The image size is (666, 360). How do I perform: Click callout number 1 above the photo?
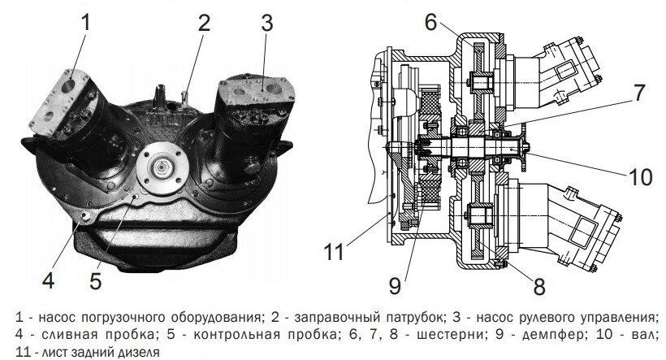(86, 22)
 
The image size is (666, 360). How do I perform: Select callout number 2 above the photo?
(205, 23)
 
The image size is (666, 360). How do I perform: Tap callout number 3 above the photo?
(266, 23)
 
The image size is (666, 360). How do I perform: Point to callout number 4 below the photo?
(49, 280)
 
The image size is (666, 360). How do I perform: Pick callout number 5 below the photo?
(96, 281)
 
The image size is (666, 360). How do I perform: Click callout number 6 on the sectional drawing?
(430, 22)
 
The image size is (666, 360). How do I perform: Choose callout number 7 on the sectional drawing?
(639, 93)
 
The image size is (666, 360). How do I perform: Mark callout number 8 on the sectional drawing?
(539, 287)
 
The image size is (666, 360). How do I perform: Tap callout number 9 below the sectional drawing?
(395, 287)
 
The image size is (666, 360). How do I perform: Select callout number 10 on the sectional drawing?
(641, 176)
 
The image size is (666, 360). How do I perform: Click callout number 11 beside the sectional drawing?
(334, 252)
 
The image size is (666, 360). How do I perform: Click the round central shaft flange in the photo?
(162, 167)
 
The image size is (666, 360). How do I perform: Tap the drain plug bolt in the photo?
(87, 216)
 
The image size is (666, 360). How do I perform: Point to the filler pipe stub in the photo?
(185, 97)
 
